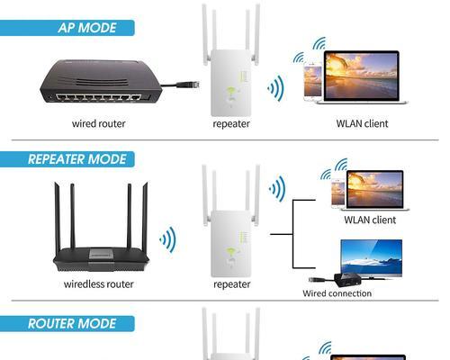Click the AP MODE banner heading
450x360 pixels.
pyautogui.click(x=87, y=28)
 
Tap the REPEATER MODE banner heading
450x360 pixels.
pyautogui.click(x=76, y=159)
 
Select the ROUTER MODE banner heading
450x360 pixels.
pyautogui.click(x=72, y=324)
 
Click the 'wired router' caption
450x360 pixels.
pyautogui.click(x=98, y=123)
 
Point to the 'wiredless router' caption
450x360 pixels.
pyautogui.click(x=98, y=284)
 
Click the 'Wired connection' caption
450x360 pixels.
pyautogui.click(x=337, y=293)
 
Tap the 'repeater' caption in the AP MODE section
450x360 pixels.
pyautogui.click(x=231, y=124)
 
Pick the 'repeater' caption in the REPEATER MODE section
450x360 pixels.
pyautogui.click(x=231, y=284)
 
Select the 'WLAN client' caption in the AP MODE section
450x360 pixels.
pyautogui.click(x=362, y=123)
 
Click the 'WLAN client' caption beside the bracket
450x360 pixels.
pyautogui.click(x=370, y=220)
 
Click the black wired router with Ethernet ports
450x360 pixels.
pyautogui.click(x=101, y=81)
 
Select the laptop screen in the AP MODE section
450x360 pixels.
pyautogui.click(x=362, y=76)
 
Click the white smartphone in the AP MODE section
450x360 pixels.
pyautogui.click(x=312, y=81)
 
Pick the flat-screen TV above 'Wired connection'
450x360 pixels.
pyautogui.click(x=372, y=258)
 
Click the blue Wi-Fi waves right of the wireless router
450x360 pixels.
pyautogui.click(x=168, y=239)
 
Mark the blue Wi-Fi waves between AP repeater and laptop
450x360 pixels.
pyautogui.click(x=275, y=88)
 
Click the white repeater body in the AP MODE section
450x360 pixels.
pyautogui.click(x=230, y=83)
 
